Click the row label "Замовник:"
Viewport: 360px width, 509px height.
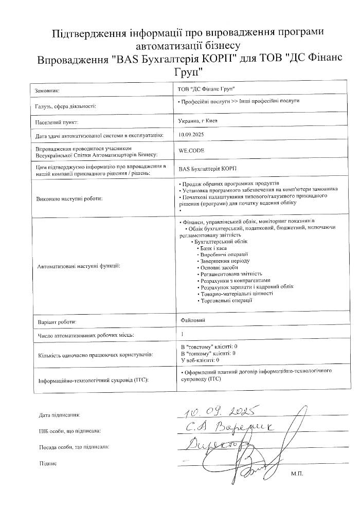click(47, 90)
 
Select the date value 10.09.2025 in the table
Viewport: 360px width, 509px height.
click(191, 135)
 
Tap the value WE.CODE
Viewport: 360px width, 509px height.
click(191, 152)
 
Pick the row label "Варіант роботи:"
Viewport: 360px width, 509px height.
click(57, 322)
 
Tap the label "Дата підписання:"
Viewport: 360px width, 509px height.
click(60, 414)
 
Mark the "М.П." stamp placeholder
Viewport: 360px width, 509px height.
click(297, 472)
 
